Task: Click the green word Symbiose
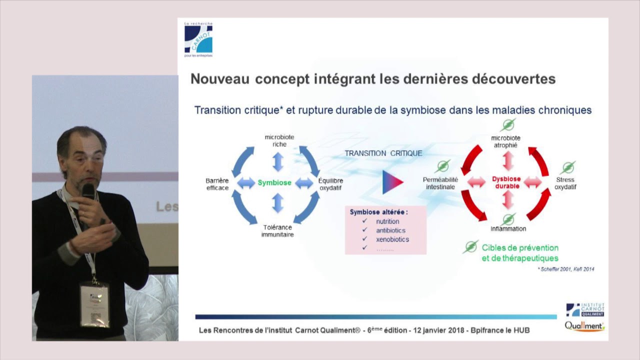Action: [x=274, y=183]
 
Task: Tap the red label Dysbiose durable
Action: [x=506, y=182]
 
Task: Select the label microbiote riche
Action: [x=279, y=140]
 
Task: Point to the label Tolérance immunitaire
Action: [x=277, y=230]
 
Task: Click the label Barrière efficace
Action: [x=217, y=184]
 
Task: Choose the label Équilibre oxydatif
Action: [x=330, y=184]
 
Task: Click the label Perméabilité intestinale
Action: [x=440, y=183]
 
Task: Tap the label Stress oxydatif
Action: [x=565, y=183]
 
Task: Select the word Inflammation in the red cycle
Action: [x=508, y=229]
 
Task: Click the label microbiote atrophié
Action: [x=505, y=141]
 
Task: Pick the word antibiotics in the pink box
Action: [x=390, y=230]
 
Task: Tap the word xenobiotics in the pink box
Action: [x=392, y=239]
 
